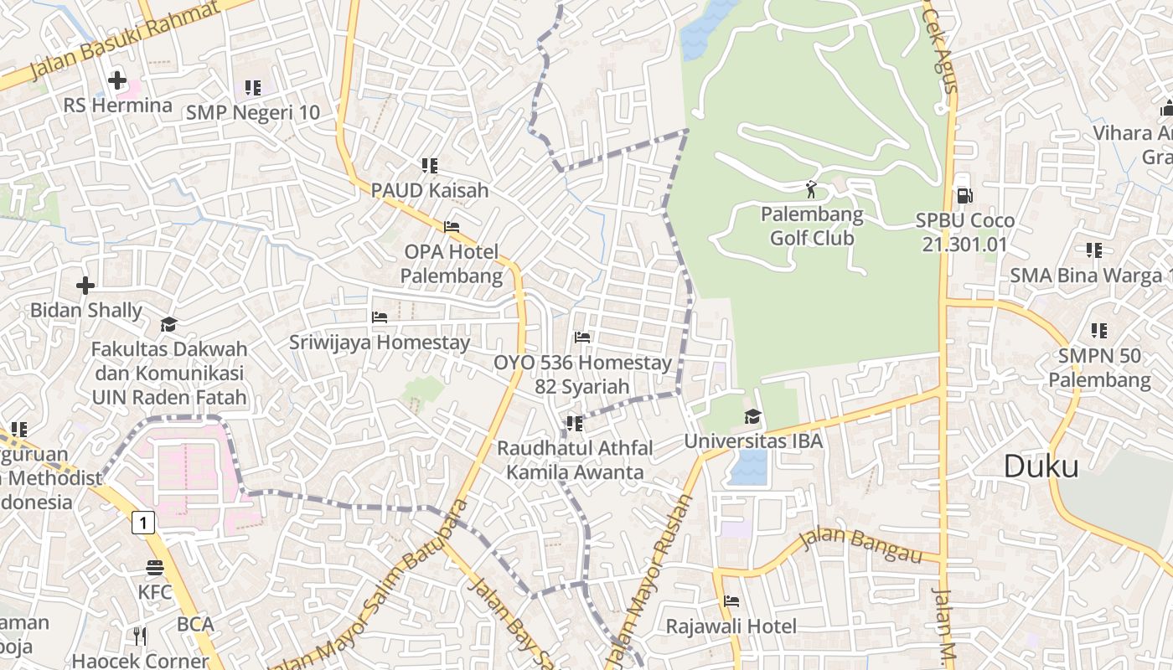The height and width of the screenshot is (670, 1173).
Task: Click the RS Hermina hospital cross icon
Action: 117,81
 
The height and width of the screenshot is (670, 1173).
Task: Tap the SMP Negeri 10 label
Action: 253,112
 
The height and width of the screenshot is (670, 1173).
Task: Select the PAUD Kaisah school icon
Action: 430,166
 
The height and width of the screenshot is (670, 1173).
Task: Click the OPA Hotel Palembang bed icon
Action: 452,227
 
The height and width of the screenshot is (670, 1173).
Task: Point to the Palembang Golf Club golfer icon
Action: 810,188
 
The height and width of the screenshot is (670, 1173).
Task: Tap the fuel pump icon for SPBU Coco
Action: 964,196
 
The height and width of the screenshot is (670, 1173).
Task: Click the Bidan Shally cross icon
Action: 85,286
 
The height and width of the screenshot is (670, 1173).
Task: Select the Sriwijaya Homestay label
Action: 380,343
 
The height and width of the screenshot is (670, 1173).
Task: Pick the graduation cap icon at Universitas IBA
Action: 752,416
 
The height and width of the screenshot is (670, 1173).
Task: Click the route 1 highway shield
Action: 144,523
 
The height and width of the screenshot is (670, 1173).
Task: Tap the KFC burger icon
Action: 155,568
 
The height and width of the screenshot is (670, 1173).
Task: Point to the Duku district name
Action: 1041,466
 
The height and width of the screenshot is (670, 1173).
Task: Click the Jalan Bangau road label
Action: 860,547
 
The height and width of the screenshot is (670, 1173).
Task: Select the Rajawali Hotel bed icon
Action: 731,601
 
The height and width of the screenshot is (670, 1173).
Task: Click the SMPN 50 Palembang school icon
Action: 1099,331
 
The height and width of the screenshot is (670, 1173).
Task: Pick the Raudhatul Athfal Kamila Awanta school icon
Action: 574,424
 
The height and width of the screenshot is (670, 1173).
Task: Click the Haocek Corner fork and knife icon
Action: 140,636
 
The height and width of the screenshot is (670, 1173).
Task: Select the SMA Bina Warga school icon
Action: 1093,250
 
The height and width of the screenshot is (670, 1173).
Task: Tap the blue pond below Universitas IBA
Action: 748,467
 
